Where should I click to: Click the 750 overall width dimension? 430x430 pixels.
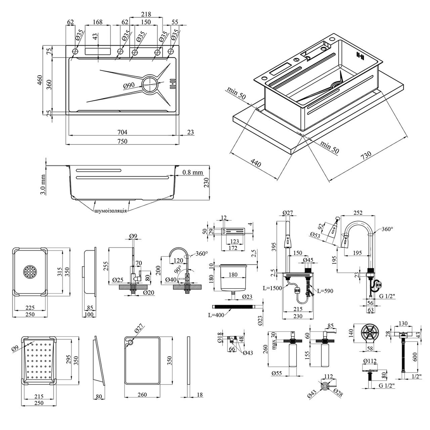(122, 141)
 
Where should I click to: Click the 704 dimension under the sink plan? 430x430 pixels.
(122, 132)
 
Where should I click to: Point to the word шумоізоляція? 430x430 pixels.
(111, 210)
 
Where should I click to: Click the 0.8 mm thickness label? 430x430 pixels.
(193, 173)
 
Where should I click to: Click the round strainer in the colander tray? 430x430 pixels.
(30, 272)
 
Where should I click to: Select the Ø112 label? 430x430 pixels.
(370, 361)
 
